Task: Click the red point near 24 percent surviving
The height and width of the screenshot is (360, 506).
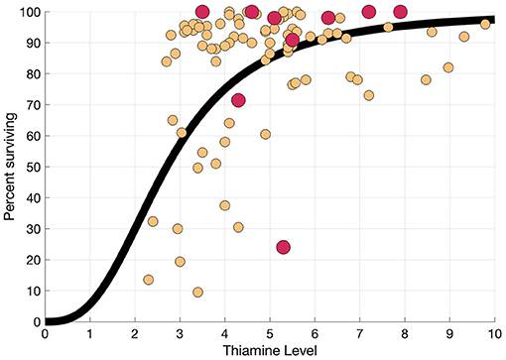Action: click(x=283, y=247)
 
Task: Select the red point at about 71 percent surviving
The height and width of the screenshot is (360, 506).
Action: click(x=238, y=100)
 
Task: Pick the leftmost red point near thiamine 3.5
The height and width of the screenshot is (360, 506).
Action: click(x=202, y=12)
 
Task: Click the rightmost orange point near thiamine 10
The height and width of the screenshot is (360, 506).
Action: click(x=486, y=23)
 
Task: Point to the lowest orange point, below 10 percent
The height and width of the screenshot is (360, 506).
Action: click(x=197, y=293)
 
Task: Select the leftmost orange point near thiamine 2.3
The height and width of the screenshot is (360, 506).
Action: click(x=148, y=280)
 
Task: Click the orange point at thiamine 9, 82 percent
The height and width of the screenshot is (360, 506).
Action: click(x=448, y=67)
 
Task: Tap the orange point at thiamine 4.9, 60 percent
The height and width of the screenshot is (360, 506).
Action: click(x=265, y=135)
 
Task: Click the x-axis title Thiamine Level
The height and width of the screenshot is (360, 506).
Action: click(x=270, y=350)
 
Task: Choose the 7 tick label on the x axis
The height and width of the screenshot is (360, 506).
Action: click(x=359, y=334)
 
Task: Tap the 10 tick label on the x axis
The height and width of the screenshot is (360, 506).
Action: click(x=493, y=334)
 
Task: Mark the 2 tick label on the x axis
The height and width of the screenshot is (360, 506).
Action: click(x=135, y=334)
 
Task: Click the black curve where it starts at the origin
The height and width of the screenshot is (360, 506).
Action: click(x=50, y=320)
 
